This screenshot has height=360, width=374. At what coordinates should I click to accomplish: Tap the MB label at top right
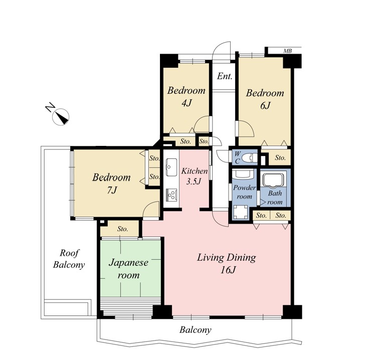pos(288,51)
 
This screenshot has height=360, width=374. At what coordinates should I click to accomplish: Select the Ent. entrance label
pos(225,76)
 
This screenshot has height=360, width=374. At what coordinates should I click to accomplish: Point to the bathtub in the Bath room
pos(273,179)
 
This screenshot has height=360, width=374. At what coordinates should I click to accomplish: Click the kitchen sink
pos(171,167)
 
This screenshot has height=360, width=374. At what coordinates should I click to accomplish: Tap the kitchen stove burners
pos(171,195)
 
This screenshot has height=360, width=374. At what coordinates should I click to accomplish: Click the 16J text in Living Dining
pos(228,270)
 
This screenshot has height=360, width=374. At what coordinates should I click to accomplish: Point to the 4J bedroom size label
pos(186,103)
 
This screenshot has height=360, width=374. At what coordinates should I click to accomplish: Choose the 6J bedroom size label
pos(265,105)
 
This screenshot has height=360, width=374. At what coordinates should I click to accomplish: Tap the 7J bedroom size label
pos(112,190)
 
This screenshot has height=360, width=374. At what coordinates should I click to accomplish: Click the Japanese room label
pos(128,269)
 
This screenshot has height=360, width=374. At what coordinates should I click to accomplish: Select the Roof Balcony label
pos(69,259)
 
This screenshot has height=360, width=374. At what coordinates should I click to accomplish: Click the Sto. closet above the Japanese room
pos(123,229)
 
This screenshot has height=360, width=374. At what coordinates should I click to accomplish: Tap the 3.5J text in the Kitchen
pos(194,182)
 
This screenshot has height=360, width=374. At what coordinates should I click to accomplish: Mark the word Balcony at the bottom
pos(196,330)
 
